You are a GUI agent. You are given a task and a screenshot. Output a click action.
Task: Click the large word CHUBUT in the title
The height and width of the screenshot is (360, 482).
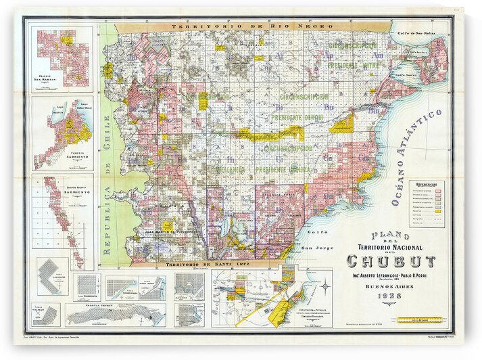pos(391,261)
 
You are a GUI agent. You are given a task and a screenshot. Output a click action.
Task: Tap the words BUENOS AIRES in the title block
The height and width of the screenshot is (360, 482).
pos(391,286)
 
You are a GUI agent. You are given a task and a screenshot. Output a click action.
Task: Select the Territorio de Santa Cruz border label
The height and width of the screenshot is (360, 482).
pos(196,264)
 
